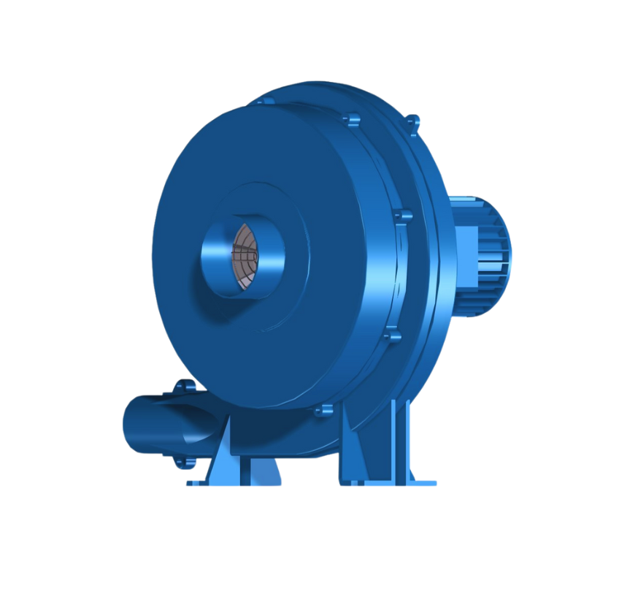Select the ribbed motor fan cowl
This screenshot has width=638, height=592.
489,256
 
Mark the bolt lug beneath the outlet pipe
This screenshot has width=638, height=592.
177,462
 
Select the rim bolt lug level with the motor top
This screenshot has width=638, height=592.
402,216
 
